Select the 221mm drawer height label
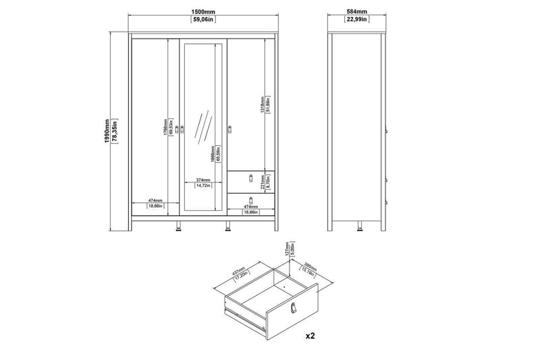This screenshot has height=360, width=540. coord(264,180)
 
